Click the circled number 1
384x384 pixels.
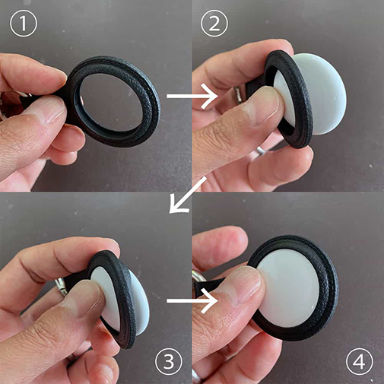coord(24,24)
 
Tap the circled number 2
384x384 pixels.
coord(214,24)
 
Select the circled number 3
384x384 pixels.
coord(169,361)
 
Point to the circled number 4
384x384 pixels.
coord(360,361)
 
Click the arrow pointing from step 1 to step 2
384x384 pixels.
coord(192,97)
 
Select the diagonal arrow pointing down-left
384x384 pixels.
coord(187,195)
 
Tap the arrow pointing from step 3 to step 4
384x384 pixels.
coord(192,301)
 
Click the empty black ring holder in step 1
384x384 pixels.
coord(150,119)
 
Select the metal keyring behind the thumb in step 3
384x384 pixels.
coord(61,287)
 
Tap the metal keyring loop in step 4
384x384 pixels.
coord(195,277)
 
